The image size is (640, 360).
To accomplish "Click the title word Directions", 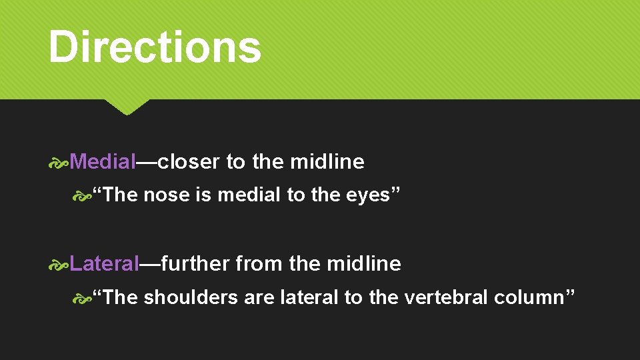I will coord(155,47).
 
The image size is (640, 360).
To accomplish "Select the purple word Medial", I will coord(103,161).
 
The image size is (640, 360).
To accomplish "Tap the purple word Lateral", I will coord(104,263).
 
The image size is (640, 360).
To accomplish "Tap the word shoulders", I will coord(191,297).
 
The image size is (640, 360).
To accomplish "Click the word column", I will coord(530,297).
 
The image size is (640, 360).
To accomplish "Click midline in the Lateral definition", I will coord(364,263).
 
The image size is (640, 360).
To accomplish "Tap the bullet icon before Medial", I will coord(59,162).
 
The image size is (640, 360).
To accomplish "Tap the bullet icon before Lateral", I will coord(59,264).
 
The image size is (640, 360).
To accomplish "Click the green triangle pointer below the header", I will coord(126,107).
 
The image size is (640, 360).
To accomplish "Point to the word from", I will coord(259,263).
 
